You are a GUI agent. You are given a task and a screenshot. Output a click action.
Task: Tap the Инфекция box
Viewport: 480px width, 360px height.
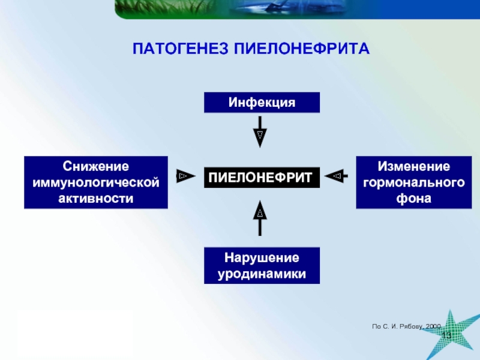pyautogui.click(x=262, y=103)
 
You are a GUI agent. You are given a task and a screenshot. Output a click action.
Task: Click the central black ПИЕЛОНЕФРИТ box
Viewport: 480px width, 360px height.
pyautogui.click(x=262, y=177)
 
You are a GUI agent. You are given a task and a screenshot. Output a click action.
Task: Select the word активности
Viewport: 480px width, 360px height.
pyautogui.click(x=96, y=197)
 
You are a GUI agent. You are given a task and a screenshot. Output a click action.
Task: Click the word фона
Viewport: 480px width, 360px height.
pyautogui.click(x=413, y=197)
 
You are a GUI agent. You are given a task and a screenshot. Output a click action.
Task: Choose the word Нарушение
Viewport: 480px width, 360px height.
pyautogui.click(x=262, y=258)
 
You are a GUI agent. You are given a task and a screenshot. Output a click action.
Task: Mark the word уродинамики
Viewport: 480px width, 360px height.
pyautogui.click(x=262, y=274)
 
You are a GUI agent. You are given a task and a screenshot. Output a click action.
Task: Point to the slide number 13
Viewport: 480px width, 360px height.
pyautogui.click(x=446, y=335)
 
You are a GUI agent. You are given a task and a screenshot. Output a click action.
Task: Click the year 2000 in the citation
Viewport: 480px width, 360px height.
pyautogui.click(x=433, y=325)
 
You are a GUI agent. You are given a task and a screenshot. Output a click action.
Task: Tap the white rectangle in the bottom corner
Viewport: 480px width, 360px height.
pyautogui.click(x=76, y=333)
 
